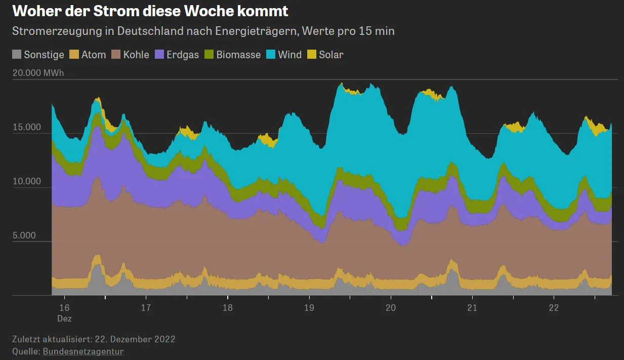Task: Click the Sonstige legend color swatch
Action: (x=17, y=55)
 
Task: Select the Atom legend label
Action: (x=94, y=55)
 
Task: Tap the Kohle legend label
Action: (x=136, y=55)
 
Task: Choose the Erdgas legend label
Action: (x=183, y=55)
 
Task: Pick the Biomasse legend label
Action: (x=238, y=55)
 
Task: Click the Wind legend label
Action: (x=290, y=55)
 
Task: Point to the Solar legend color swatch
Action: (x=310, y=55)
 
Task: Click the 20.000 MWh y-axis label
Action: (x=38, y=73)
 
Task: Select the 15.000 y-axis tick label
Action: (x=27, y=127)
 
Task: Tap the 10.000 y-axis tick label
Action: (x=27, y=181)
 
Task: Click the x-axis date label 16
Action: (x=64, y=308)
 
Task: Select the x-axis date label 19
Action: (x=309, y=308)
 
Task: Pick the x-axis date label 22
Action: (x=554, y=308)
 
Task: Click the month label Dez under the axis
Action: (x=64, y=318)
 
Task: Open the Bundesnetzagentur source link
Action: (x=83, y=351)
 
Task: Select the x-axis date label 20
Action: (x=391, y=308)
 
